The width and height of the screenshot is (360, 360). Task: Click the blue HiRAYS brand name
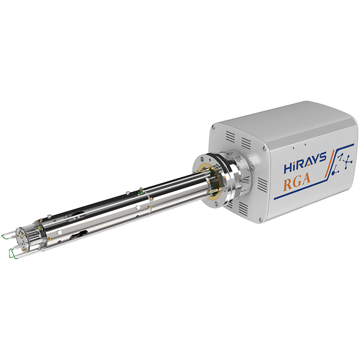[x=305, y=162]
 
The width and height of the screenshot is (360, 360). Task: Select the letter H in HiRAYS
[x=288, y=167]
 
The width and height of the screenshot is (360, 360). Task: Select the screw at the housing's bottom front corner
[x=261, y=220]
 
